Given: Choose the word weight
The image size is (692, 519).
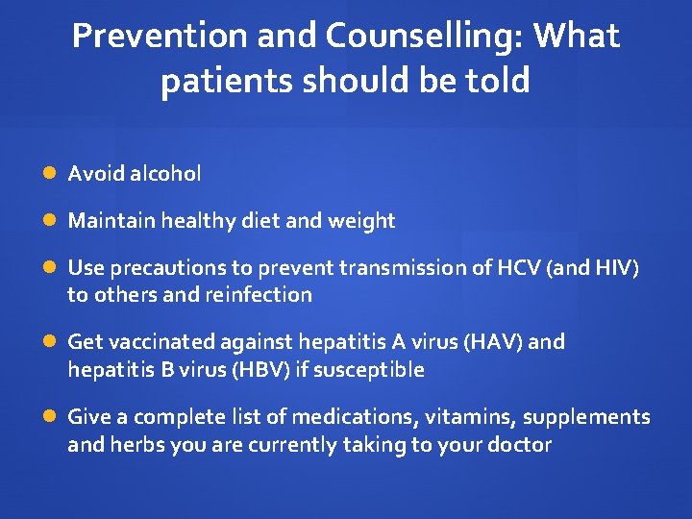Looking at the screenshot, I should tap(361, 221).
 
